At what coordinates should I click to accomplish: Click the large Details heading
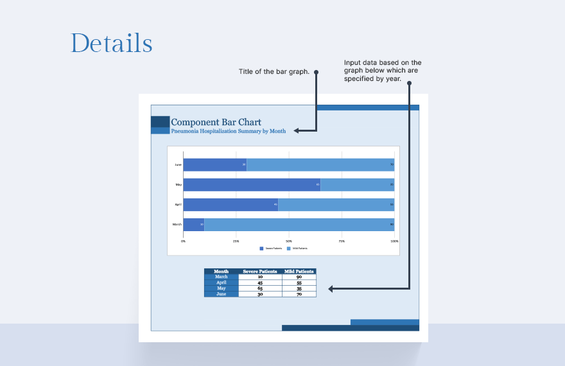[x=111, y=43]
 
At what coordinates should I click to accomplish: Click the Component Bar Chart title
[x=216, y=122]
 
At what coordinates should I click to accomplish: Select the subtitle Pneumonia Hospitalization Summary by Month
[x=228, y=131]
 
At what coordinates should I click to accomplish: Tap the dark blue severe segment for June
[x=214, y=164]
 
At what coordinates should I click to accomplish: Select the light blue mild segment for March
[x=299, y=225]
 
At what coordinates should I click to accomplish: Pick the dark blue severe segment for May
[x=252, y=185]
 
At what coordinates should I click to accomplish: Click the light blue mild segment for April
[x=336, y=205]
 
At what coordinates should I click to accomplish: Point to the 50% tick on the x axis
[x=289, y=241]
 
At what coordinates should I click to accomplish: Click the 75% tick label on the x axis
[x=342, y=241]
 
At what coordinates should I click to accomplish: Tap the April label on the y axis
[x=178, y=205]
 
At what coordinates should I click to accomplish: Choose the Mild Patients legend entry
[x=298, y=248]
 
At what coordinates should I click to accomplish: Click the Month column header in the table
[x=221, y=272]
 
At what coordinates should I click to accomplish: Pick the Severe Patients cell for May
[x=260, y=288]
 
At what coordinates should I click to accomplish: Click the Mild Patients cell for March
[x=299, y=277]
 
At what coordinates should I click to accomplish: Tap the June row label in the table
[x=221, y=294]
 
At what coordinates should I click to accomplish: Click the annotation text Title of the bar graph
[x=274, y=72]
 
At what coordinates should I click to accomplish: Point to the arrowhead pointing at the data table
[x=331, y=290]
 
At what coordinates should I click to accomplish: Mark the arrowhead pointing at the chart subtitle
[x=297, y=131]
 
